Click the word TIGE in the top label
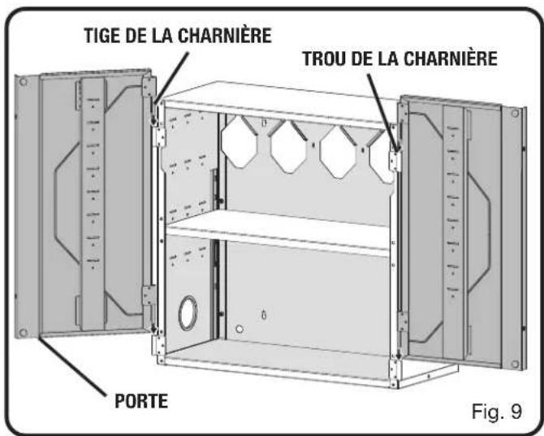tap(102, 36)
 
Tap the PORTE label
tap(141, 401)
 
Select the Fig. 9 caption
tap(496, 412)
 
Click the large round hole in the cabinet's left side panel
tap(188, 313)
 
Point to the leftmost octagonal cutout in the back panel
tap(239, 141)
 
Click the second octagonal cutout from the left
tap(289, 146)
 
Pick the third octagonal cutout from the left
tap(338, 152)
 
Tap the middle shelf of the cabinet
tap(278, 228)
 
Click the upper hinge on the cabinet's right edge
tap(395, 161)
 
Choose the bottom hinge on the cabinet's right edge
tap(395, 373)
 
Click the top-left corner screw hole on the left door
tap(24, 82)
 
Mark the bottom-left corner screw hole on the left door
tap(24, 332)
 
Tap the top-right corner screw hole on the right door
tap(515, 113)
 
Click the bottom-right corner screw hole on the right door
tap(515, 364)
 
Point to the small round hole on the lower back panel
tap(240, 329)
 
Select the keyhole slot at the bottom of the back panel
tap(264, 315)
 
